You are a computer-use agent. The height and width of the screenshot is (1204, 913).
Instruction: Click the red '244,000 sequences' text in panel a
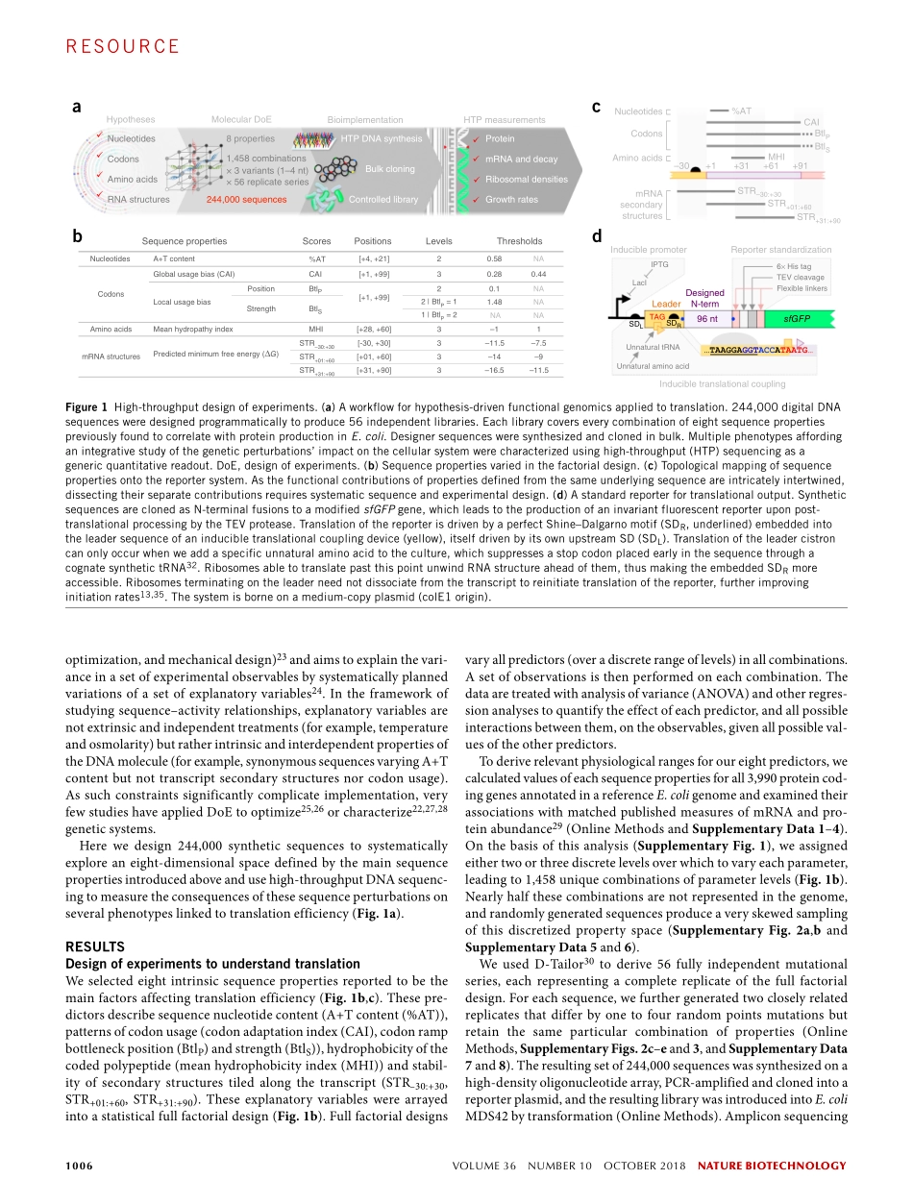tap(246, 200)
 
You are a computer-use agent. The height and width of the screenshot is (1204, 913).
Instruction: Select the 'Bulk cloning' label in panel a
tap(390, 169)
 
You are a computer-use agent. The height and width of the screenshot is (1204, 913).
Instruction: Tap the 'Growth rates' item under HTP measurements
tap(511, 200)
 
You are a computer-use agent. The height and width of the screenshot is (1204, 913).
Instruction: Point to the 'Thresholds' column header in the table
tap(519, 241)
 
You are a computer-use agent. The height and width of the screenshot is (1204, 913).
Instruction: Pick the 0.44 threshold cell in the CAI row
tap(539, 274)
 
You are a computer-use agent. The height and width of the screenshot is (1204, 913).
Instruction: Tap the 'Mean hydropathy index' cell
tap(193, 329)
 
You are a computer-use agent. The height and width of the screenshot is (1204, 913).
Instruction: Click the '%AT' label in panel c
tap(741, 111)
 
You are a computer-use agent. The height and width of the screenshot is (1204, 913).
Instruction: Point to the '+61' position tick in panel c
tap(771, 166)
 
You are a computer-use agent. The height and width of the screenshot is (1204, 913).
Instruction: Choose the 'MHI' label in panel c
tap(777, 156)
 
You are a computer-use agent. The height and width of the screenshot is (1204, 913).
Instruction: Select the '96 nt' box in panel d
tap(707, 318)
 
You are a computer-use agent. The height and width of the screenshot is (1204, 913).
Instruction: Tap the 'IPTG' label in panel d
tap(659, 264)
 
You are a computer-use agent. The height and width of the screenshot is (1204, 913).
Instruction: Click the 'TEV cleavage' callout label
tap(800, 278)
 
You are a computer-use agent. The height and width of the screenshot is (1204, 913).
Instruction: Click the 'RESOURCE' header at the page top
tap(123, 46)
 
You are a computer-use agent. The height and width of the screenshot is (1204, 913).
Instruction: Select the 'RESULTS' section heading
tap(96, 946)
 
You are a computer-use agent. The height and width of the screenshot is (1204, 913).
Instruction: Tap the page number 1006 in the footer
tap(79, 1167)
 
